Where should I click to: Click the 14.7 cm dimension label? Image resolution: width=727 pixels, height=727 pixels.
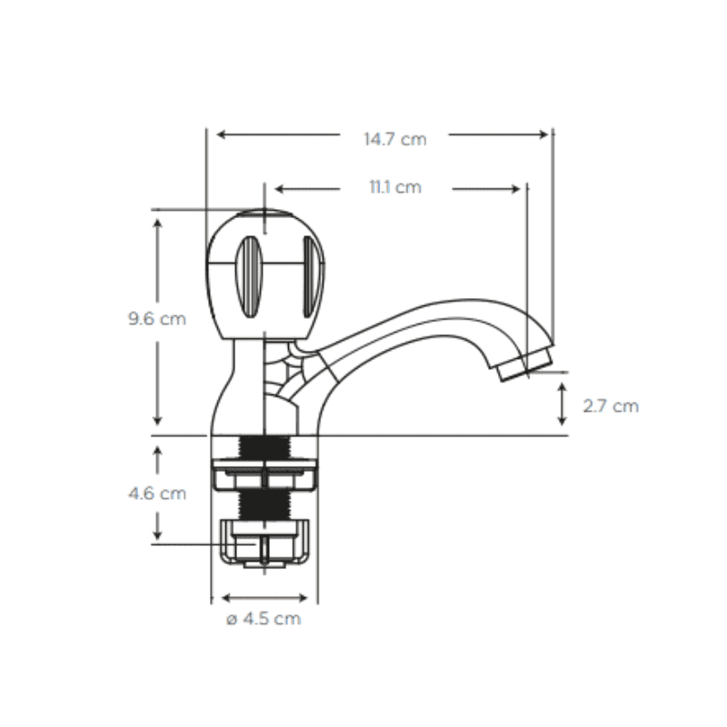coord(395,139)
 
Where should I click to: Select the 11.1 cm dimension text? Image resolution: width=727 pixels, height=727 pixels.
coord(395,187)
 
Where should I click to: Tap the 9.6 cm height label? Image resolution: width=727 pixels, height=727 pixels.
coord(157,319)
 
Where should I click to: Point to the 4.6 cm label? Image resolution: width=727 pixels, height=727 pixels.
coord(157,493)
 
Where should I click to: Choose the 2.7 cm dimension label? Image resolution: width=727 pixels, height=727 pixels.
coord(611,406)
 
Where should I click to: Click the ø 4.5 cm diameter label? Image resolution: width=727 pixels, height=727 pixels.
coord(264,619)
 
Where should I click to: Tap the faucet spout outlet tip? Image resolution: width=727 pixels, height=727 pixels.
coord(526,365)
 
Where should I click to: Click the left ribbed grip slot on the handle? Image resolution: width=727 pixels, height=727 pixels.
coord(249,277)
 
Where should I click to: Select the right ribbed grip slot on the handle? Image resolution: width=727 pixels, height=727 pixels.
coord(313,277)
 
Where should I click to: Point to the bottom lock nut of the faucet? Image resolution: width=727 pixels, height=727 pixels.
coord(264,543)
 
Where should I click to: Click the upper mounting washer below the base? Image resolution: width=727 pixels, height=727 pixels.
coord(264,473)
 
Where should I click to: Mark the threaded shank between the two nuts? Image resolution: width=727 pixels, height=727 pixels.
coord(264,504)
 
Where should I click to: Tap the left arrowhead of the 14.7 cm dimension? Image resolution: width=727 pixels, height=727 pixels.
coord(222,134)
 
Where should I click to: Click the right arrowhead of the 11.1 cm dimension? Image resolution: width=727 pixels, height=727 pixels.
coord(515,189)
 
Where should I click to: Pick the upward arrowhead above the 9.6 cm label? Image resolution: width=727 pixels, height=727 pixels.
coord(157,224)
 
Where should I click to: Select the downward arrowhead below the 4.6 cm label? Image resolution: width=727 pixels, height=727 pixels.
coord(157,535)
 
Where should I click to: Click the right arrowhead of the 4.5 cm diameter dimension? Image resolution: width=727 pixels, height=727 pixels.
coord(303,598)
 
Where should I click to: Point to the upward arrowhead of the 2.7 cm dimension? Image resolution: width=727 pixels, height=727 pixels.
coord(562,388)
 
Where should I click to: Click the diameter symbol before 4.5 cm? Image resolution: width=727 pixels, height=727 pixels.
coord(232,620)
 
